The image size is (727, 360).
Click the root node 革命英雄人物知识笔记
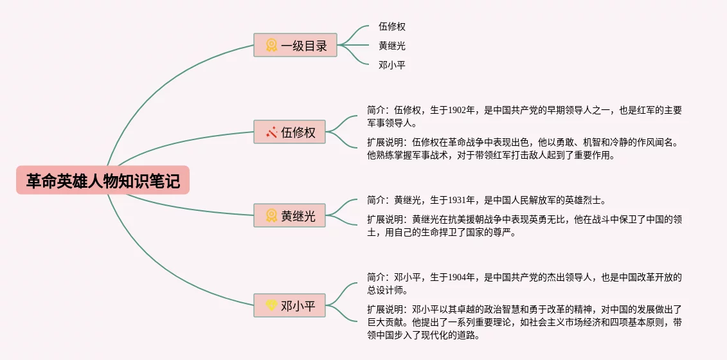click(x=103, y=181)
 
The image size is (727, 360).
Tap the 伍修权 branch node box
click(x=290, y=132)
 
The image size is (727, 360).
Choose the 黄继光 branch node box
click(x=290, y=216)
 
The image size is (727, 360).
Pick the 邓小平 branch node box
click(x=290, y=305)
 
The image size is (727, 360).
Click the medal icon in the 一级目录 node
click(x=271, y=45)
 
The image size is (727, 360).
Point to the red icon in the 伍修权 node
click(x=271, y=132)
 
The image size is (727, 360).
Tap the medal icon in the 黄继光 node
click(x=271, y=216)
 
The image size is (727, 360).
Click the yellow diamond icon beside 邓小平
click(x=271, y=305)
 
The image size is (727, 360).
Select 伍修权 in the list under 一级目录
click(x=392, y=27)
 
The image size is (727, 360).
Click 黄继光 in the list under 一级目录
click(x=392, y=46)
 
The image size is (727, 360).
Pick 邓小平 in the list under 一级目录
click(x=392, y=65)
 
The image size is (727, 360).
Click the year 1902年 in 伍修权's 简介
click(x=462, y=110)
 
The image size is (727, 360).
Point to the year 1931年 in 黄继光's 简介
click(x=462, y=200)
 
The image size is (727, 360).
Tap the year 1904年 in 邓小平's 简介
click(x=462, y=278)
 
